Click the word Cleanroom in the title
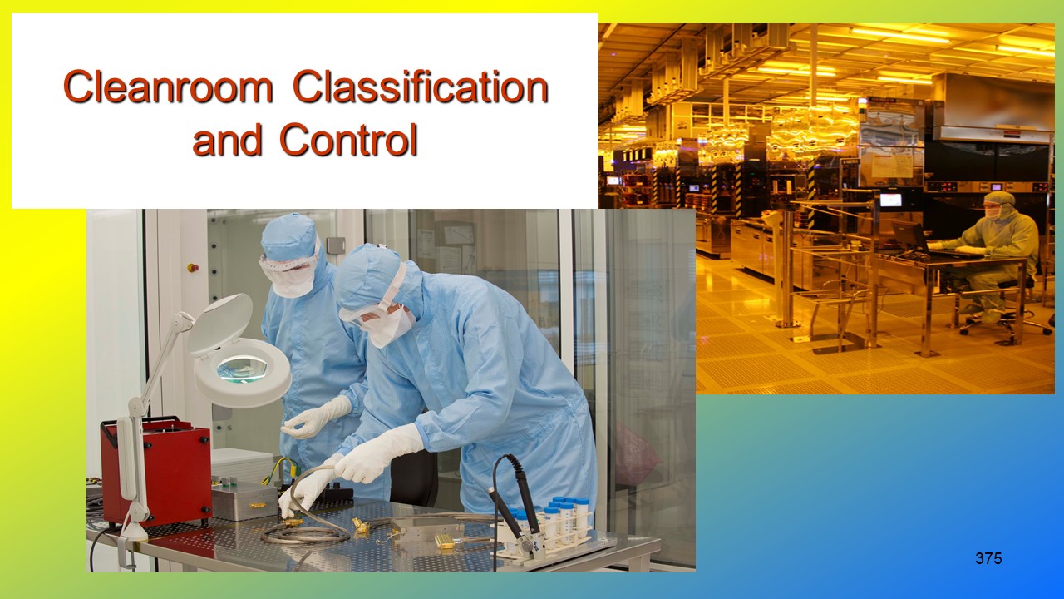pyautogui.click(x=169, y=87)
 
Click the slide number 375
pyautogui.click(x=988, y=559)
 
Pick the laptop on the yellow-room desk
pyautogui.click(x=909, y=237)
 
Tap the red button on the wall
pyautogui.click(x=194, y=268)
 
